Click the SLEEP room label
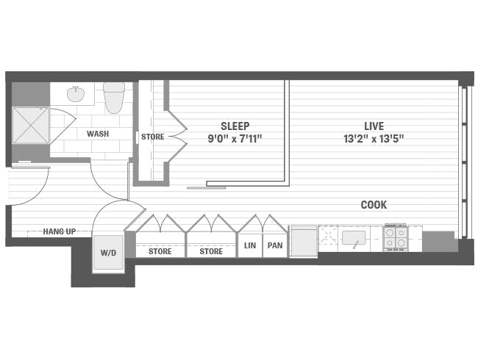click(x=235, y=126)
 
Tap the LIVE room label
click(x=374, y=126)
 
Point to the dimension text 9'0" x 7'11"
click(x=235, y=138)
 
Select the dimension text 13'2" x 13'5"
click(x=374, y=138)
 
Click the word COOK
click(x=374, y=205)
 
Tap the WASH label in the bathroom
click(x=98, y=134)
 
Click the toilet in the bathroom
click(x=114, y=97)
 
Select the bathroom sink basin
click(x=76, y=95)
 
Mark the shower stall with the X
click(x=31, y=125)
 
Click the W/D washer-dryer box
click(x=108, y=253)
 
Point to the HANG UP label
click(x=59, y=231)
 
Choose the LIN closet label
click(x=250, y=245)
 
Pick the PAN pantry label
click(x=275, y=245)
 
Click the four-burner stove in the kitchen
click(x=395, y=237)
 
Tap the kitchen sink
click(x=354, y=238)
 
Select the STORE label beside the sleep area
click(x=152, y=137)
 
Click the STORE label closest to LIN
click(x=211, y=251)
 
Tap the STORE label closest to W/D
click(x=160, y=251)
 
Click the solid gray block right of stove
click(x=438, y=241)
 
